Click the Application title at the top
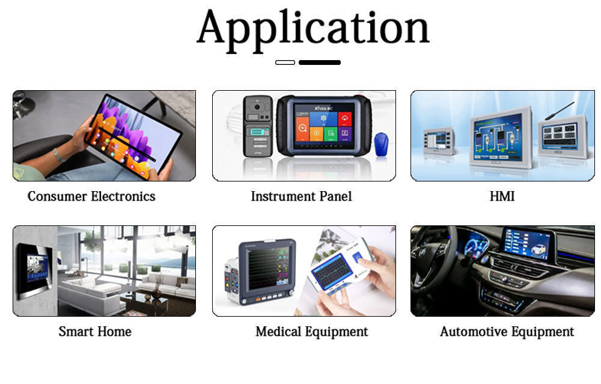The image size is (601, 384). click(313, 28)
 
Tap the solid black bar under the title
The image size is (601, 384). click(319, 62)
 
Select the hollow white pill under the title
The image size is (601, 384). click(285, 62)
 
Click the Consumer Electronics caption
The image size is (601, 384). click(91, 197)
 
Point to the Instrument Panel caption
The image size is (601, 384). click(301, 197)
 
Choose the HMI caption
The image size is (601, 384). click(502, 197)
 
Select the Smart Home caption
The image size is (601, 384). click(95, 332)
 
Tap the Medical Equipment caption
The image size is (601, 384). click(311, 332)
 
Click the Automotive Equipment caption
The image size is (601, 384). click(507, 332)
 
